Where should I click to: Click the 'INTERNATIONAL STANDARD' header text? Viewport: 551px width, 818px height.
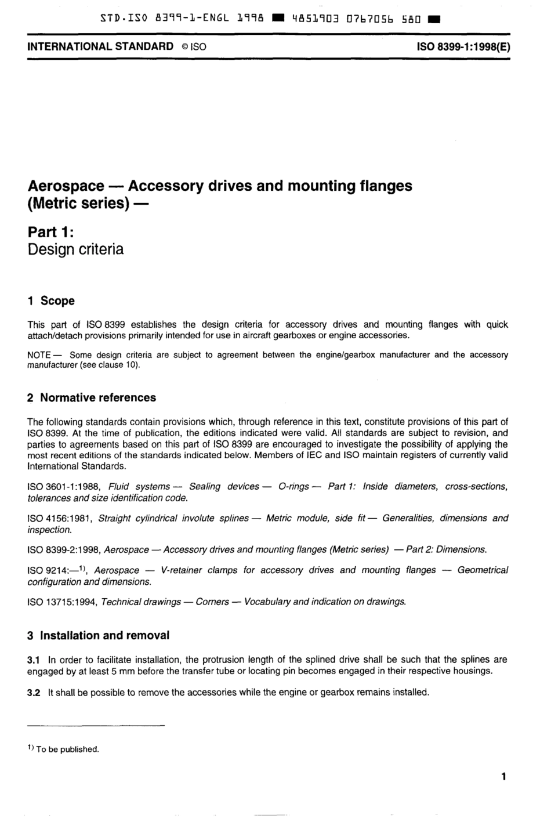tap(100, 46)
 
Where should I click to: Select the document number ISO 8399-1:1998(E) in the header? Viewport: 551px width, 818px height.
tap(463, 46)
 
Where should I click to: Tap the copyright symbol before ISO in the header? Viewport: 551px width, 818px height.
tap(182, 47)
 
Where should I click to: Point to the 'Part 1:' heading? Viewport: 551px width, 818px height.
tap(51, 232)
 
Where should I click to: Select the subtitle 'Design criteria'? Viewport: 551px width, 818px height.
tap(75, 250)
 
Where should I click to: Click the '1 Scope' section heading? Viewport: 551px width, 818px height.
tap(51, 301)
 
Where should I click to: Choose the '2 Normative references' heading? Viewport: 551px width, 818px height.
tap(92, 398)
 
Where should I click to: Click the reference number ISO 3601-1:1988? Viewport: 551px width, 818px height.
tap(63, 487)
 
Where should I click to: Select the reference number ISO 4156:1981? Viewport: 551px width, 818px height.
tap(60, 519)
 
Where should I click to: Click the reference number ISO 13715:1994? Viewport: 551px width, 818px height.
tap(63, 602)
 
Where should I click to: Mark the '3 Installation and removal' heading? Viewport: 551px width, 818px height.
tap(99, 636)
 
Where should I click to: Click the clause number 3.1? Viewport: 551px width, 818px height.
tap(34, 660)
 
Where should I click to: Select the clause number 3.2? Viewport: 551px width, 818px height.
tap(34, 692)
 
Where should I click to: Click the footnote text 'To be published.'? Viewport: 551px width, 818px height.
tap(68, 750)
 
